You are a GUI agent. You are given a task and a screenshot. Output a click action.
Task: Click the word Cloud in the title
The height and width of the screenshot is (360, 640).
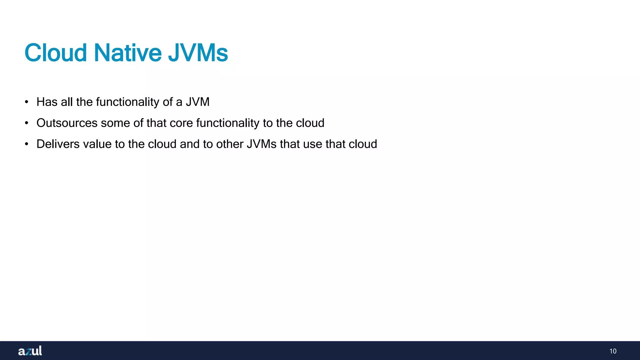56,53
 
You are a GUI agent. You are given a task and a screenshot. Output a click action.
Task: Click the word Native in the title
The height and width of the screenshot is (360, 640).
127,53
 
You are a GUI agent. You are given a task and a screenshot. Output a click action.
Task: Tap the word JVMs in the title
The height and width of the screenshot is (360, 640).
198,53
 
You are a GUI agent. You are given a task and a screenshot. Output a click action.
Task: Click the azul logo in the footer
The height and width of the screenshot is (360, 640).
30,351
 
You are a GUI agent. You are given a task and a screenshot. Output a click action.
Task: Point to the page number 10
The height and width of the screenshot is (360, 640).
613,351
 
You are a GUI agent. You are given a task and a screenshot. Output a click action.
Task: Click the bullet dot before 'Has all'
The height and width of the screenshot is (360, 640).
27,102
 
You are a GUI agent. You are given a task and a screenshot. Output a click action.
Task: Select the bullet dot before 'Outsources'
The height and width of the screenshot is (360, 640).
27,123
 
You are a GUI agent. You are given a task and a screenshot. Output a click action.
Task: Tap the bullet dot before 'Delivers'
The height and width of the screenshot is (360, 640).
27,144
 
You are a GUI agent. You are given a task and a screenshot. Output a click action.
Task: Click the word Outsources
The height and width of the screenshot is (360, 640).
67,123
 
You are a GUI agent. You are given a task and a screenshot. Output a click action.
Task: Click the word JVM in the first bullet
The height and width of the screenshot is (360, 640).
197,102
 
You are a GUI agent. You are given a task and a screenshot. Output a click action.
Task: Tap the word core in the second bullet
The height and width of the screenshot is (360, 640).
181,123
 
